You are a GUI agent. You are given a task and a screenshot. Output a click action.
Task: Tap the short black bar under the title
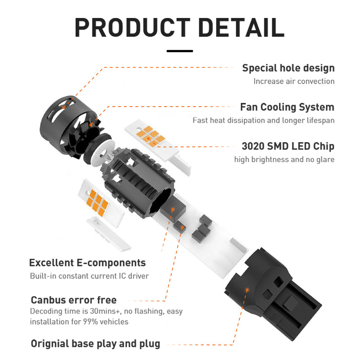(x=180, y=51)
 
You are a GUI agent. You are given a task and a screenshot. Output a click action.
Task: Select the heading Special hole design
(x=288, y=68)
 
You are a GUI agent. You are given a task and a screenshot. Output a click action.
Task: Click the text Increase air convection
(x=293, y=81)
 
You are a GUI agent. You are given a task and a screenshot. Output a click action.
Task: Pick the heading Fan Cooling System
(x=287, y=107)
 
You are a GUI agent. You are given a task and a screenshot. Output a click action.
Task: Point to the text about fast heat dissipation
(x=263, y=121)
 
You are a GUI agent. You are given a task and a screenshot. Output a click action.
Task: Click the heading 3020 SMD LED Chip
(x=288, y=146)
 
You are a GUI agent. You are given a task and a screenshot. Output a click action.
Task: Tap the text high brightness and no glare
(x=284, y=160)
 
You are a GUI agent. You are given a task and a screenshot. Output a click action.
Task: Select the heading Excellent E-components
(x=87, y=263)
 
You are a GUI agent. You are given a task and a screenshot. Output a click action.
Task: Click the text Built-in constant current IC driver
(x=89, y=276)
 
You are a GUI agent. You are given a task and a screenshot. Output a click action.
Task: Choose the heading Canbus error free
(x=73, y=300)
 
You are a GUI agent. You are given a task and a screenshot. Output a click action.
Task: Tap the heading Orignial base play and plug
(x=95, y=344)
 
